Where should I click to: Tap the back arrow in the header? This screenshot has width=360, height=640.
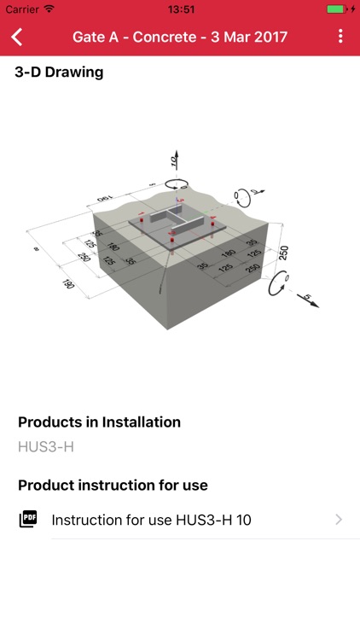pyautogui.click(x=17, y=37)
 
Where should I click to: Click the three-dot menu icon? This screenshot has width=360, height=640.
pyautogui.click(x=341, y=37)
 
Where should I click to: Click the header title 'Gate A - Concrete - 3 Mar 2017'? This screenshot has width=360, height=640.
pyautogui.click(x=179, y=37)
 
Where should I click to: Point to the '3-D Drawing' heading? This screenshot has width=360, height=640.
pyautogui.click(x=59, y=73)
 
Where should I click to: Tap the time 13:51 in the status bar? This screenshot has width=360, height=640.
pyautogui.click(x=180, y=9)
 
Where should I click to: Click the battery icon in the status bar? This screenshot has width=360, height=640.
pyautogui.click(x=336, y=9)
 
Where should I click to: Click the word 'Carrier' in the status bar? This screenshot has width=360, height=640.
pyautogui.click(x=22, y=9)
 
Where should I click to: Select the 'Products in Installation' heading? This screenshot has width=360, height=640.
pyautogui.click(x=99, y=422)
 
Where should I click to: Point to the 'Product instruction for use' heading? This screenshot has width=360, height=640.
pyautogui.click(x=113, y=486)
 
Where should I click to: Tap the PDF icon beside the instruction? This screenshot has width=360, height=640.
pyautogui.click(x=28, y=519)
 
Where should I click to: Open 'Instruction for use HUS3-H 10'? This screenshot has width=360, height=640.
pyautogui.click(x=151, y=520)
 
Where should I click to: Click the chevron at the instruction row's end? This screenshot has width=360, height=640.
pyautogui.click(x=339, y=520)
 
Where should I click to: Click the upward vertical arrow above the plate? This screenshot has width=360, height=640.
pyautogui.click(x=174, y=162)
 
